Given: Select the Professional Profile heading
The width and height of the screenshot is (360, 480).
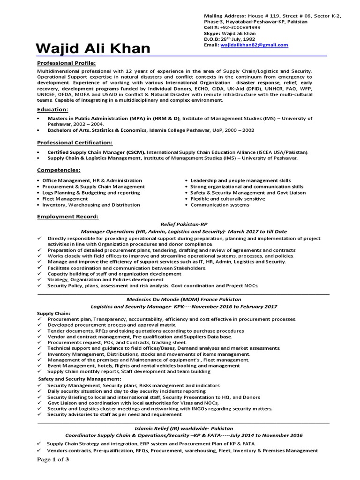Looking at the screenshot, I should (66, 63).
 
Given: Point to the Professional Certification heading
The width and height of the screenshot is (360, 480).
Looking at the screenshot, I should (75, 142).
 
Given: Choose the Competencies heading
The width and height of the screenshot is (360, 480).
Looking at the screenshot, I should (59, 170).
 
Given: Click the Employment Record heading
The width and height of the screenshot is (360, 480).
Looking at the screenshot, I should (68, 217).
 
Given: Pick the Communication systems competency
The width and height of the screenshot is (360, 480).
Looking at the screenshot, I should (219, 205).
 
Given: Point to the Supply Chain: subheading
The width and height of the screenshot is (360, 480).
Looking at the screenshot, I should (53, 313).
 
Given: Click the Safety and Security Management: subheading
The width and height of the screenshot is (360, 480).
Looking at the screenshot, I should (79, 378).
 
